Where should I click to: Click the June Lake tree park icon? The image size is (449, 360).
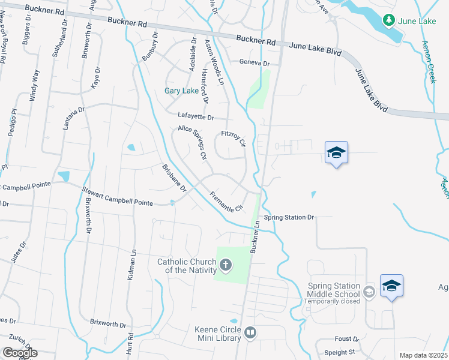coord(389,21)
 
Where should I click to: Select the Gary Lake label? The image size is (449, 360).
coord(181,91)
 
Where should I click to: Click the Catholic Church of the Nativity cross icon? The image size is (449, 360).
coord(226,265)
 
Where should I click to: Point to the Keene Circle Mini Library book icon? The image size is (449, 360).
coord(250,332)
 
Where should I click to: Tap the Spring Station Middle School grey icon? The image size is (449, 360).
coord(369,292)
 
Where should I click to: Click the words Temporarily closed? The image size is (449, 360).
coord(332,301)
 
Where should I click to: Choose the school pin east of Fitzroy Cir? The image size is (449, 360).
coord(336,154)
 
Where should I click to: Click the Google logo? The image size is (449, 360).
coord(20,352)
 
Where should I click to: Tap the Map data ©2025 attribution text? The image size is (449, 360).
coord(423,355)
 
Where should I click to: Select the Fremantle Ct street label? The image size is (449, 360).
coord(226,202)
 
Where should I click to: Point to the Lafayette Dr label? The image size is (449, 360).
coord(196,116)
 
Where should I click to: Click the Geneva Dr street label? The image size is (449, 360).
coord(255,63)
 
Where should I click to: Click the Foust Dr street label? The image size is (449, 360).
coord(348,339)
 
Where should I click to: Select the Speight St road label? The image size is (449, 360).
coord(340,352)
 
